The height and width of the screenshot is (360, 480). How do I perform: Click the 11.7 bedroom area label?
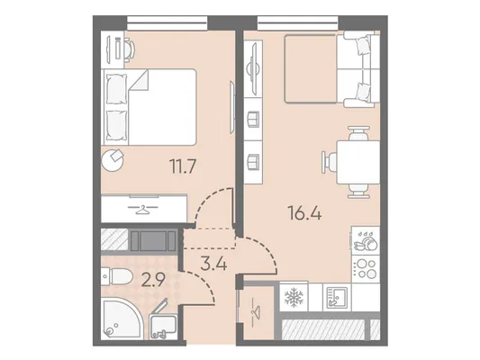point(183,167)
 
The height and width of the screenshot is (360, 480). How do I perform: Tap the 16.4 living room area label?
point(304,213)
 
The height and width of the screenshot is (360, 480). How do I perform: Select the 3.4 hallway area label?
point(213,264)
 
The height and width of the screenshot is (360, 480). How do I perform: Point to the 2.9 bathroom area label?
point(153,280)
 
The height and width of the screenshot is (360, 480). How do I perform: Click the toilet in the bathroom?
point(116,276)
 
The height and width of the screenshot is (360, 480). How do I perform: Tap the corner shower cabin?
point(122,319)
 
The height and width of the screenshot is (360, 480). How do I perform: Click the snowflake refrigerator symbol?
point(294,297)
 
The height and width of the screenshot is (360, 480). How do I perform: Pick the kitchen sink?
point(337,297)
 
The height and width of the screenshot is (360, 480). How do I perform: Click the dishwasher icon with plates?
point(366,240)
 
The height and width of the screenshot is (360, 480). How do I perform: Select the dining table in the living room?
point(358,162)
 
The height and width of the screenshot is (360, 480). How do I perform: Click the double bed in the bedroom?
point(150,107)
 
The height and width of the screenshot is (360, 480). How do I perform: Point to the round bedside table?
point(113,160)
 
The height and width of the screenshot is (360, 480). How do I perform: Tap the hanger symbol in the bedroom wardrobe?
point(142,210)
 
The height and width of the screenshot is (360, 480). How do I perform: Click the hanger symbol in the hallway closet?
point(256,312)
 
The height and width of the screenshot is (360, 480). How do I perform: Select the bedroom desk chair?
point(130,49)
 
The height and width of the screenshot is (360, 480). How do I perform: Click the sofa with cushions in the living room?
point(358,69)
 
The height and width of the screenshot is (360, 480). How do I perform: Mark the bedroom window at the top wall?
point(168,23)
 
